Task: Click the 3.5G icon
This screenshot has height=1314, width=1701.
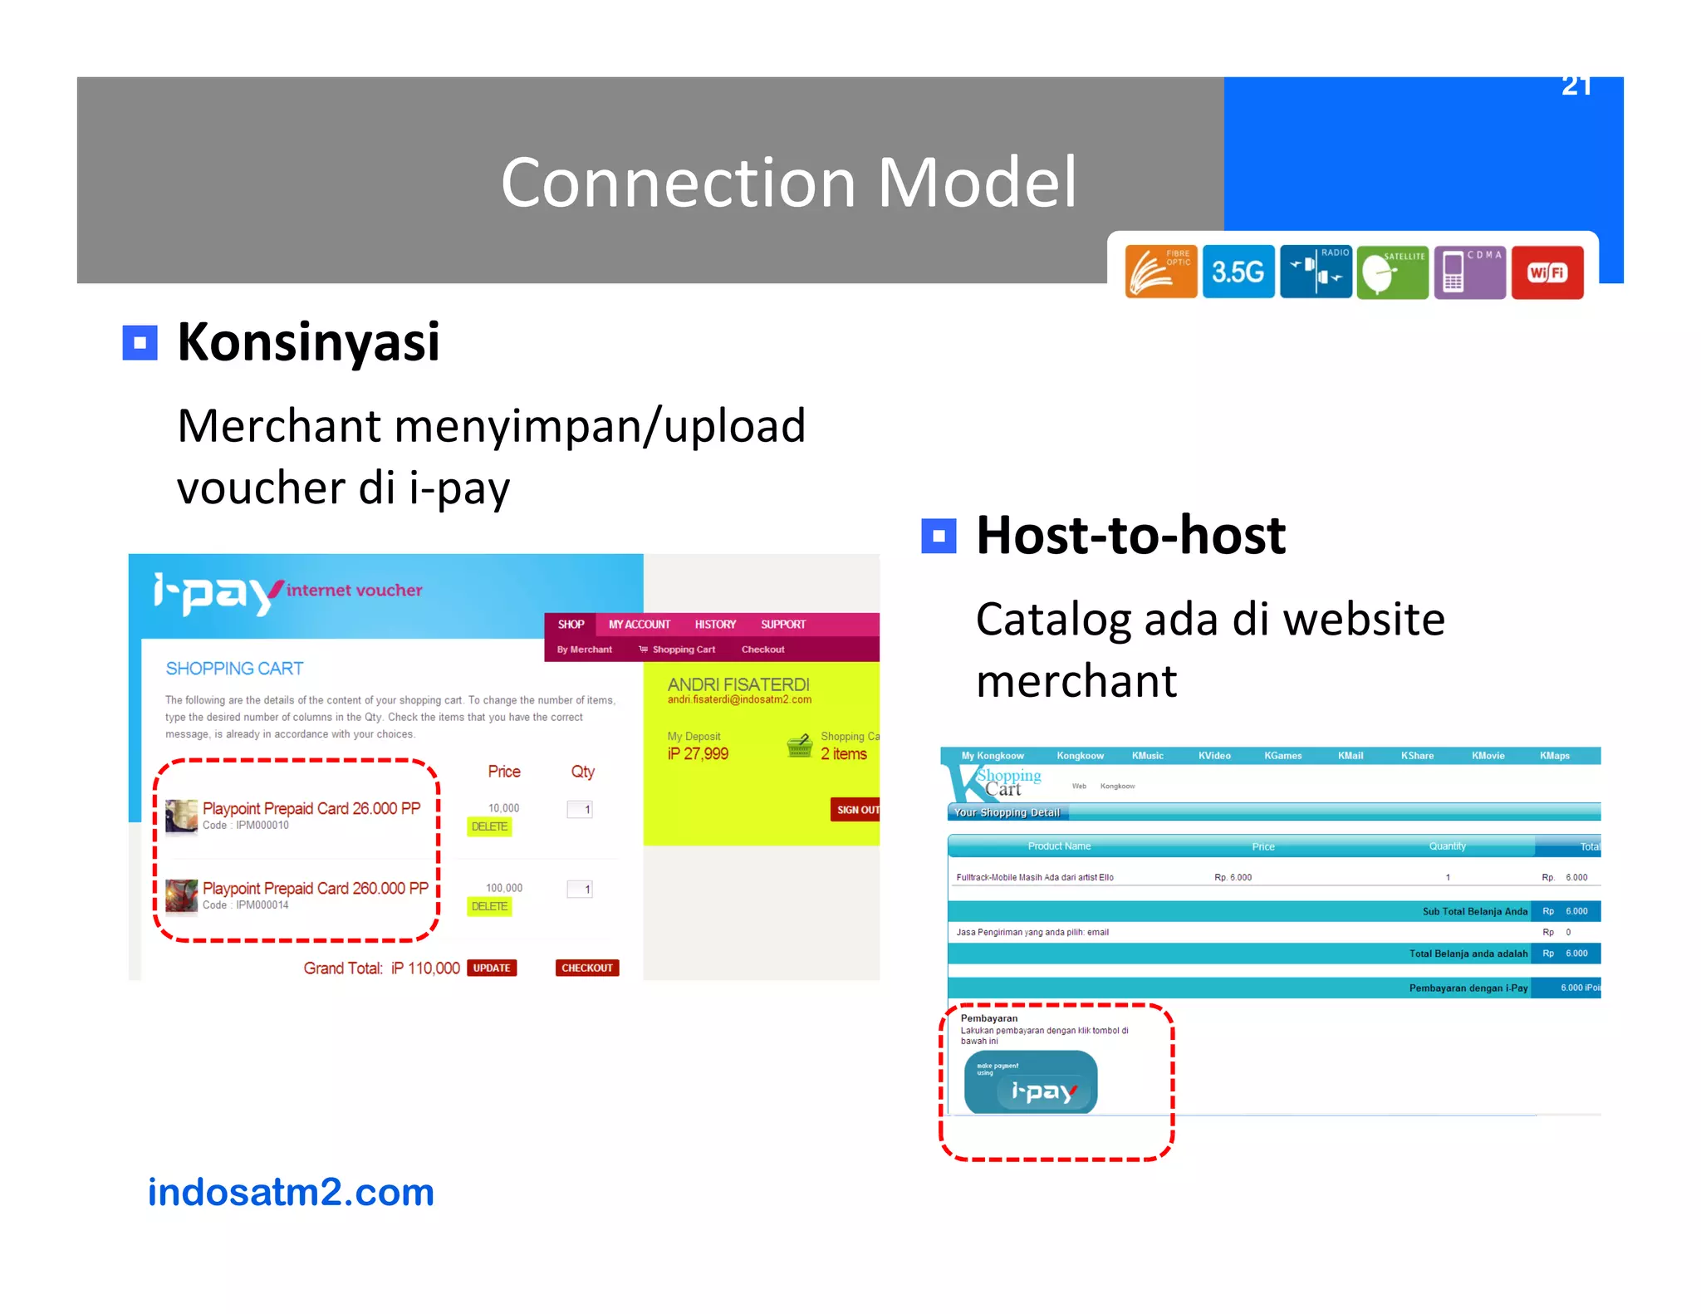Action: point(1238,272)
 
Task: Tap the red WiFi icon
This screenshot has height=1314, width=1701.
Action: point(1547,272)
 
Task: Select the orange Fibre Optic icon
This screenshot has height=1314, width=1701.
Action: point(1160,272)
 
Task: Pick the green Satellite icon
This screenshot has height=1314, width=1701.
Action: point(1392,272)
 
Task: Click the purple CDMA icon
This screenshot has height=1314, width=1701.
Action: point(1469,272)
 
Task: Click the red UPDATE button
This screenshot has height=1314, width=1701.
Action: point(492,968)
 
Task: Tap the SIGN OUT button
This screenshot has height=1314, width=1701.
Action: point(856,810)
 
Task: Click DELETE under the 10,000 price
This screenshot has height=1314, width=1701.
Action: point(489,826)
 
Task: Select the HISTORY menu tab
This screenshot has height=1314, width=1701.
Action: point(715,625)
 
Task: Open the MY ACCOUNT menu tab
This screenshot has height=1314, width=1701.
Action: point(639,625)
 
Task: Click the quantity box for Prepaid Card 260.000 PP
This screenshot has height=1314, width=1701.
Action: point(581,890)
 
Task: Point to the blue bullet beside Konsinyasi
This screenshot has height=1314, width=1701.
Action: point(140,342)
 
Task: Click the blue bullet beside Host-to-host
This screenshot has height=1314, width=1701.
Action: point(939,536)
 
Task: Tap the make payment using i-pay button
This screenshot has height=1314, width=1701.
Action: point(1030,1082)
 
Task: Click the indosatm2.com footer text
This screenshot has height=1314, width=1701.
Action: point(291,1193)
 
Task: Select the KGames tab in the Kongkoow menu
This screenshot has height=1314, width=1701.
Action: point(1282,756)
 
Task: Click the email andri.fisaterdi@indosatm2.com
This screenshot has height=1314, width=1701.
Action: point(739,699)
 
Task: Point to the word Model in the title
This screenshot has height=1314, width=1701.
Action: point(977,182)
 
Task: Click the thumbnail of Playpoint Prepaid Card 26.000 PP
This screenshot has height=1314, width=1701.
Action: point(181,815)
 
